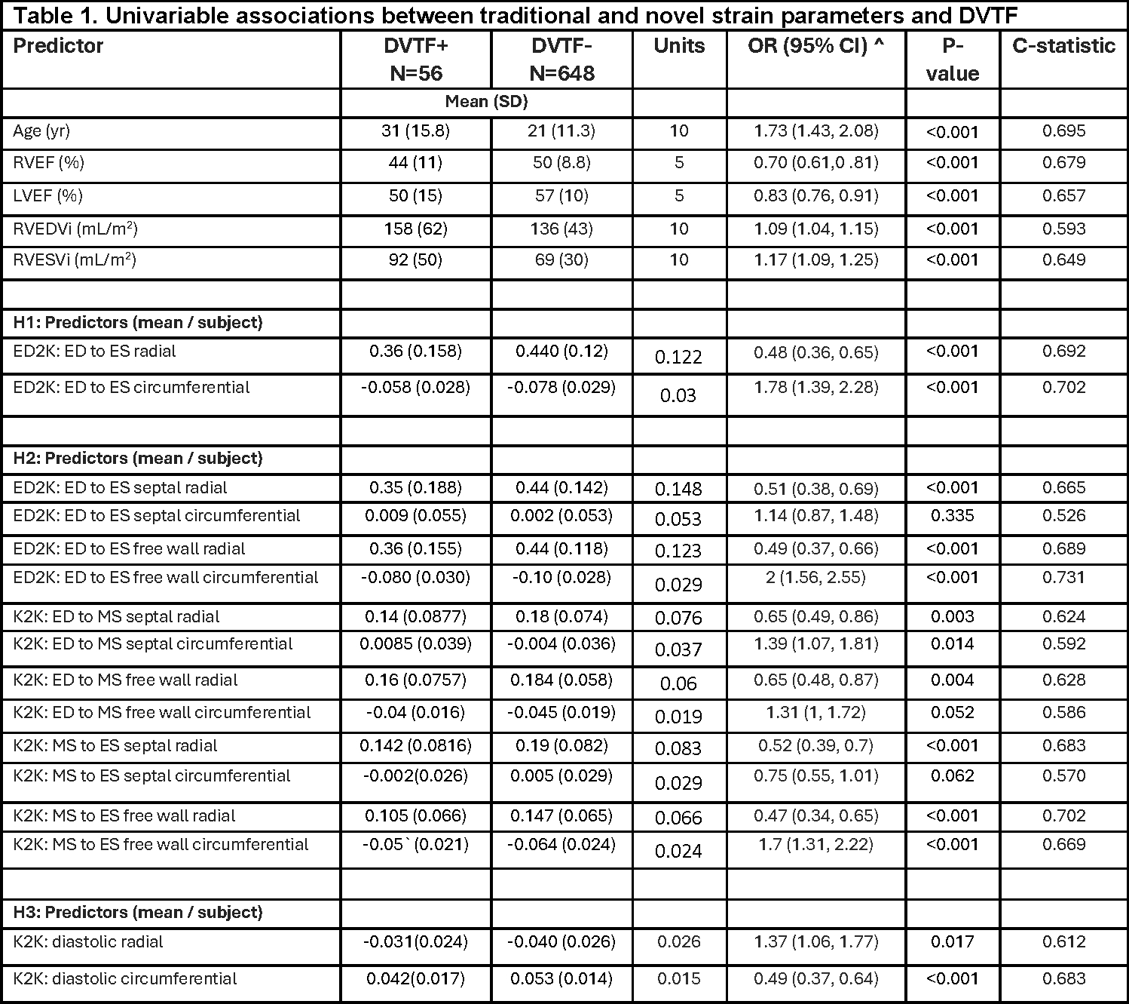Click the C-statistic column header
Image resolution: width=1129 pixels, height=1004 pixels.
pos(1063,46)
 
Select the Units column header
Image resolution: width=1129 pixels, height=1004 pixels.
pos(679,46)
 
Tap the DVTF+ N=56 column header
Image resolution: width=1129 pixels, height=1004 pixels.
pos(415,60)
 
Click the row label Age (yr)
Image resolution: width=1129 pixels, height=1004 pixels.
pos(41,131)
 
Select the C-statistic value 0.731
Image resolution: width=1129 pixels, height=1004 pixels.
pos(1063,578)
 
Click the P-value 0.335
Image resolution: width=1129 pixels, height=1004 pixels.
pos(952,516)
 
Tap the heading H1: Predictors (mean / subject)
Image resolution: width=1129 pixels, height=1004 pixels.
pos(138,323)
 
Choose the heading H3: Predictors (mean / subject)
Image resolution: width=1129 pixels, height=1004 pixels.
pos(138,913)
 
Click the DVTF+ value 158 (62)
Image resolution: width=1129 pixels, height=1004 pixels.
pos(415,229)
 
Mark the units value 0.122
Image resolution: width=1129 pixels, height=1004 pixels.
pos(678,357)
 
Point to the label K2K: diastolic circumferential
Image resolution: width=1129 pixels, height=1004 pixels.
pos(125,979)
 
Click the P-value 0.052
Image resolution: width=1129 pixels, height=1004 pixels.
pos(952,713)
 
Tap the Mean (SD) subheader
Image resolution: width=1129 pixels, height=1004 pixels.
pos(486,102)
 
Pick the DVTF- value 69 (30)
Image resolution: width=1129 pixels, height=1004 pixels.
pos(561,260)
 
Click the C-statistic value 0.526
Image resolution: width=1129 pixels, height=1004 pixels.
pos(1063,516)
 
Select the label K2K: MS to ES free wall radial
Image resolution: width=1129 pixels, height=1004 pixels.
pos(124,816)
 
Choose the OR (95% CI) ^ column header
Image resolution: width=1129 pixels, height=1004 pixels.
pos(815,46)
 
